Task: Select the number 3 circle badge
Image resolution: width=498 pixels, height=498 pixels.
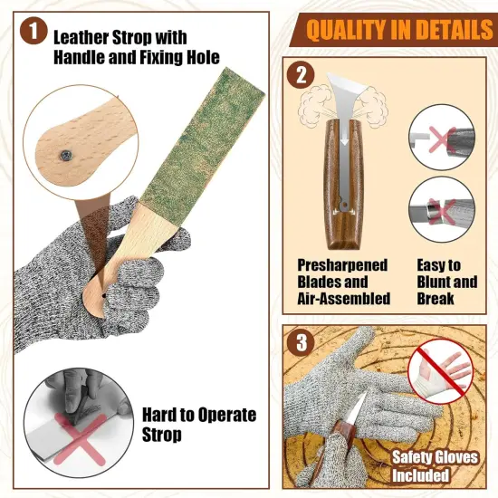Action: (x=302, y=345)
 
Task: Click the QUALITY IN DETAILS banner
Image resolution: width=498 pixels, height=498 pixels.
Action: (x=393, y=30)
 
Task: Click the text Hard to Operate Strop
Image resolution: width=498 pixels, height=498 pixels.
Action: (x=199, y=425)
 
